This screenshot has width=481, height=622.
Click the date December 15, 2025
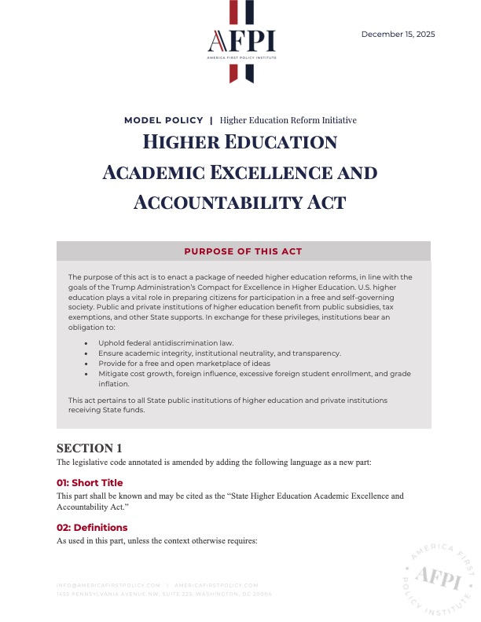point(398,34)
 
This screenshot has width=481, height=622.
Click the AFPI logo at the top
point(240,42)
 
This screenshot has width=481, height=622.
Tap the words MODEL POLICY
point(163,120)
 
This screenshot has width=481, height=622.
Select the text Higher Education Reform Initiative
point(288,120)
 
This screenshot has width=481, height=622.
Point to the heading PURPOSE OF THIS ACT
point(243,251)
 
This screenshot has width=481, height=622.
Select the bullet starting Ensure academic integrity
point(219,354)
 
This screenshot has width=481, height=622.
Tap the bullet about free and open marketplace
point(184,364)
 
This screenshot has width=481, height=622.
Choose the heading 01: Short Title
point(90,482)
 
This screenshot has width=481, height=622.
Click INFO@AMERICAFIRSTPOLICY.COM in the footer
point(108,585)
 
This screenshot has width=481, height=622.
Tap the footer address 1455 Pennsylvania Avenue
point(164,594)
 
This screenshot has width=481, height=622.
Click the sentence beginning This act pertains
point(227,404)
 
